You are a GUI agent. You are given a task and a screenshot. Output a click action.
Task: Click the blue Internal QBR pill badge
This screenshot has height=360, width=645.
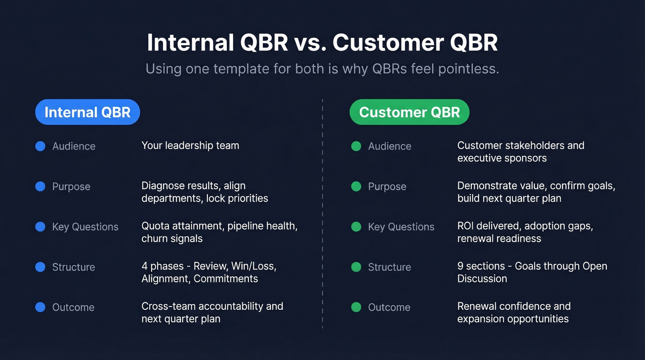[x=88, y=112]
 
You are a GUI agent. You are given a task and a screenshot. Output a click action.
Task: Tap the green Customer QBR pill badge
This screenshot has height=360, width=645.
[x=409, y=112]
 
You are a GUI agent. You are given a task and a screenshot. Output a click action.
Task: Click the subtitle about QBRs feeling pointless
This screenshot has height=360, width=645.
[x=322, y=69]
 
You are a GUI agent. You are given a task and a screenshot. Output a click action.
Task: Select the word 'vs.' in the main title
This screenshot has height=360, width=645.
[x=309, y=42]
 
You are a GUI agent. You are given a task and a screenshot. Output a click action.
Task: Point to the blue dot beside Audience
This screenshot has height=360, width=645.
[x=41, y=146]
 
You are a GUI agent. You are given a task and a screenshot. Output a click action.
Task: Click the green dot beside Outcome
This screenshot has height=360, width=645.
[x=356, y=307]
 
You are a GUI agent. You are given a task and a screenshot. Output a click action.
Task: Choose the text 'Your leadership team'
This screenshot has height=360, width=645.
[x=190, y=146]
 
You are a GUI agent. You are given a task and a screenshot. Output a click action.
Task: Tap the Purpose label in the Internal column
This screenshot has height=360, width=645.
[x=71, y=187]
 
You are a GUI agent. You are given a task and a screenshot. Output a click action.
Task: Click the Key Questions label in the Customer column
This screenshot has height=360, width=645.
[x=401, y=227]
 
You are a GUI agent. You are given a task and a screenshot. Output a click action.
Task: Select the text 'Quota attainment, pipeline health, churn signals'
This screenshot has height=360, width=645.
[x=219, y=232]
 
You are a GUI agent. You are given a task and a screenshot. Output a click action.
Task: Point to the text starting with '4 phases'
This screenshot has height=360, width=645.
[x=209, y=272]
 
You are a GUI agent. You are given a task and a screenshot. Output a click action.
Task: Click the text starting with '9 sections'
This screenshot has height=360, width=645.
[x=532, y=272]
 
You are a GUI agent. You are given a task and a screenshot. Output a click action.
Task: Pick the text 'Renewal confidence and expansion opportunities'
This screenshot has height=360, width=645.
[x=513, y=313]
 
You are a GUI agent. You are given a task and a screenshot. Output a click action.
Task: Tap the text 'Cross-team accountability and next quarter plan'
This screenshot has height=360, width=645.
[x=212, y=313]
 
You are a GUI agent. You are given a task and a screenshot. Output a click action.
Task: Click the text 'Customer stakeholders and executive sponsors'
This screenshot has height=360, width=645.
[x=521, y=152]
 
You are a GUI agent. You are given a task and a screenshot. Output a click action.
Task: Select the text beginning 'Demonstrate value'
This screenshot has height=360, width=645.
[x=536, y=192]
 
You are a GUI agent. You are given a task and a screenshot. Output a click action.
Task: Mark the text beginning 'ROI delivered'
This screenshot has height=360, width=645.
[x=525, y=232]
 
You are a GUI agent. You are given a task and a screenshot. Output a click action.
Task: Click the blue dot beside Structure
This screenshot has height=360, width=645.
[x=41, y=267]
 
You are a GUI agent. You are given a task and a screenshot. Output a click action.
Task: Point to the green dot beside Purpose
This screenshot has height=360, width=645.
[x=356, y=186]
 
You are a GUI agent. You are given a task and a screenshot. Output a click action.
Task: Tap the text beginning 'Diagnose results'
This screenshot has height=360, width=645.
[x=205, y=192]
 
